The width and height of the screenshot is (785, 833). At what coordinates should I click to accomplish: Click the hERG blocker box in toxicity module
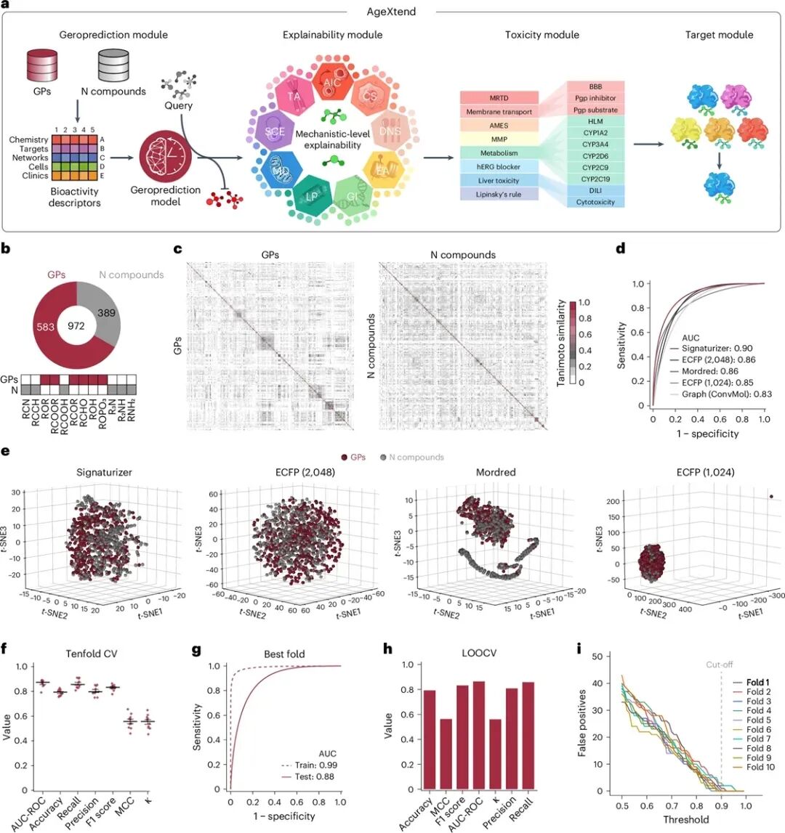pyautogui.click(x=499, y=166)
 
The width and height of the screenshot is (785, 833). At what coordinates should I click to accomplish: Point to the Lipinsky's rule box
pyautogui.click(x=499, y=195)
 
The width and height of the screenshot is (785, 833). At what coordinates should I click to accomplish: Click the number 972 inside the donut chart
pyautogui.click(x=77, y=325)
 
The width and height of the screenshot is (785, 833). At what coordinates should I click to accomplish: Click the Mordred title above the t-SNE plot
pyautogui.click(x=495, y=472)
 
